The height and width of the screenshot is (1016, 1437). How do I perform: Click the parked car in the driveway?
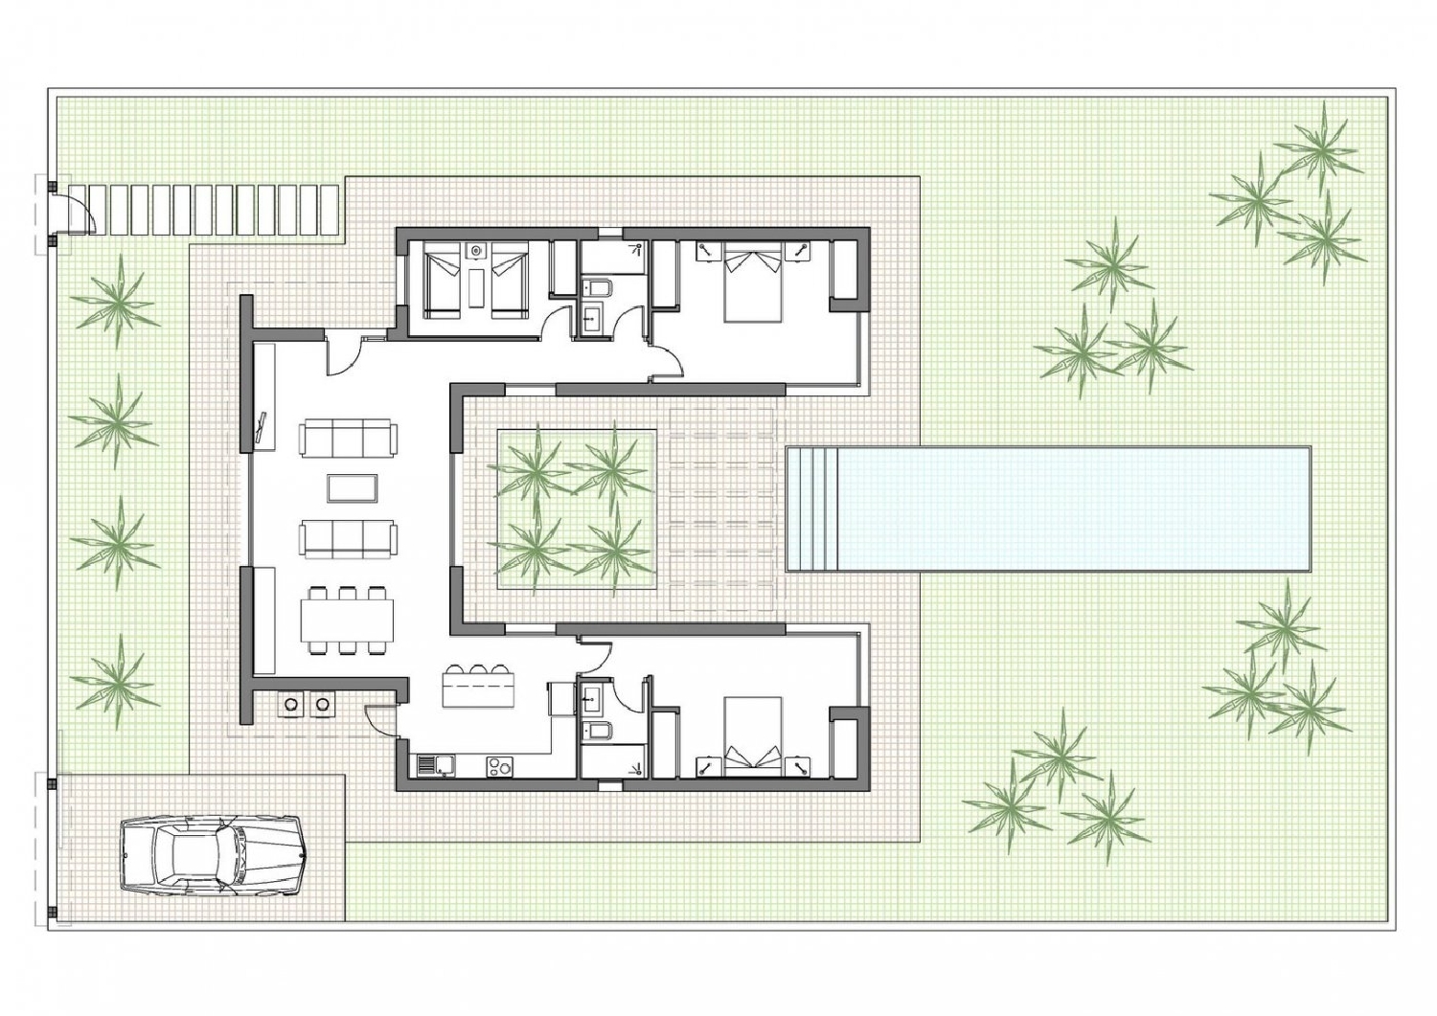213,855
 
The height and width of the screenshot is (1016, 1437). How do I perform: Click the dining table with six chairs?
347,621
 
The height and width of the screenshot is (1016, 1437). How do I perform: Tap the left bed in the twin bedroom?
442,280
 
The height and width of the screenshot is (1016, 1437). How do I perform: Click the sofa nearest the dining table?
348,538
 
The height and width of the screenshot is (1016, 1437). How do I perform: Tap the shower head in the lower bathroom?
635,767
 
